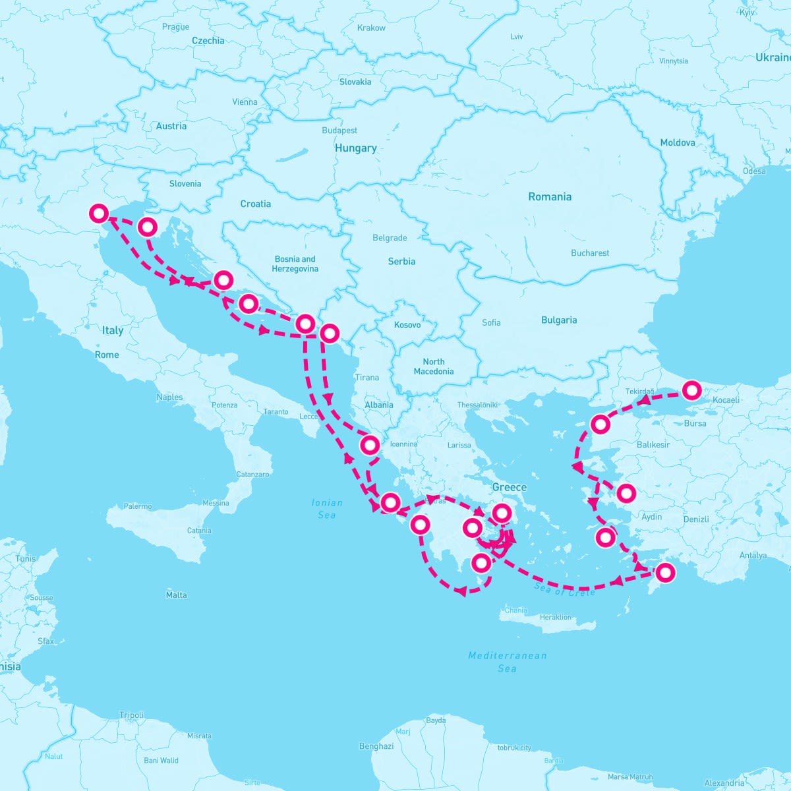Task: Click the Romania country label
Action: tap(550, 196)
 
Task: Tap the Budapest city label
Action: tap(339, 131)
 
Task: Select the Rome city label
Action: tap(107, 355)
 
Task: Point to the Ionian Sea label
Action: tap(327, 508)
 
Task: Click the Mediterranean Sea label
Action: tap(507, 662)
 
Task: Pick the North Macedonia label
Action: tap(434, 366)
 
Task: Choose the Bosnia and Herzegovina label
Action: tap(295, 264)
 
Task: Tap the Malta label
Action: tap(176, 595)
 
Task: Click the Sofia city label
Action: tap(491, 322)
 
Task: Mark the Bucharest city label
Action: tap(590, 252)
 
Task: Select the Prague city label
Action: tap(175, 27)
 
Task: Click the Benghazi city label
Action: tap(376, 746)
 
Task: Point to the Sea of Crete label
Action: tap(564, 589)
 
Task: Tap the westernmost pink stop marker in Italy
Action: tap(99, 213)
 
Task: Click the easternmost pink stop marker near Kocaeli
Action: tap(691, 390)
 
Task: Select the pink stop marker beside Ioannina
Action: tap(370, 445)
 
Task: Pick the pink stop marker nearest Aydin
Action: tap(626, 492)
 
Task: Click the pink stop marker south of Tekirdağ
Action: tap(601, 424)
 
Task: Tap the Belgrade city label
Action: tap(390, 238)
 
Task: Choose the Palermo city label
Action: tap(137, 506)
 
